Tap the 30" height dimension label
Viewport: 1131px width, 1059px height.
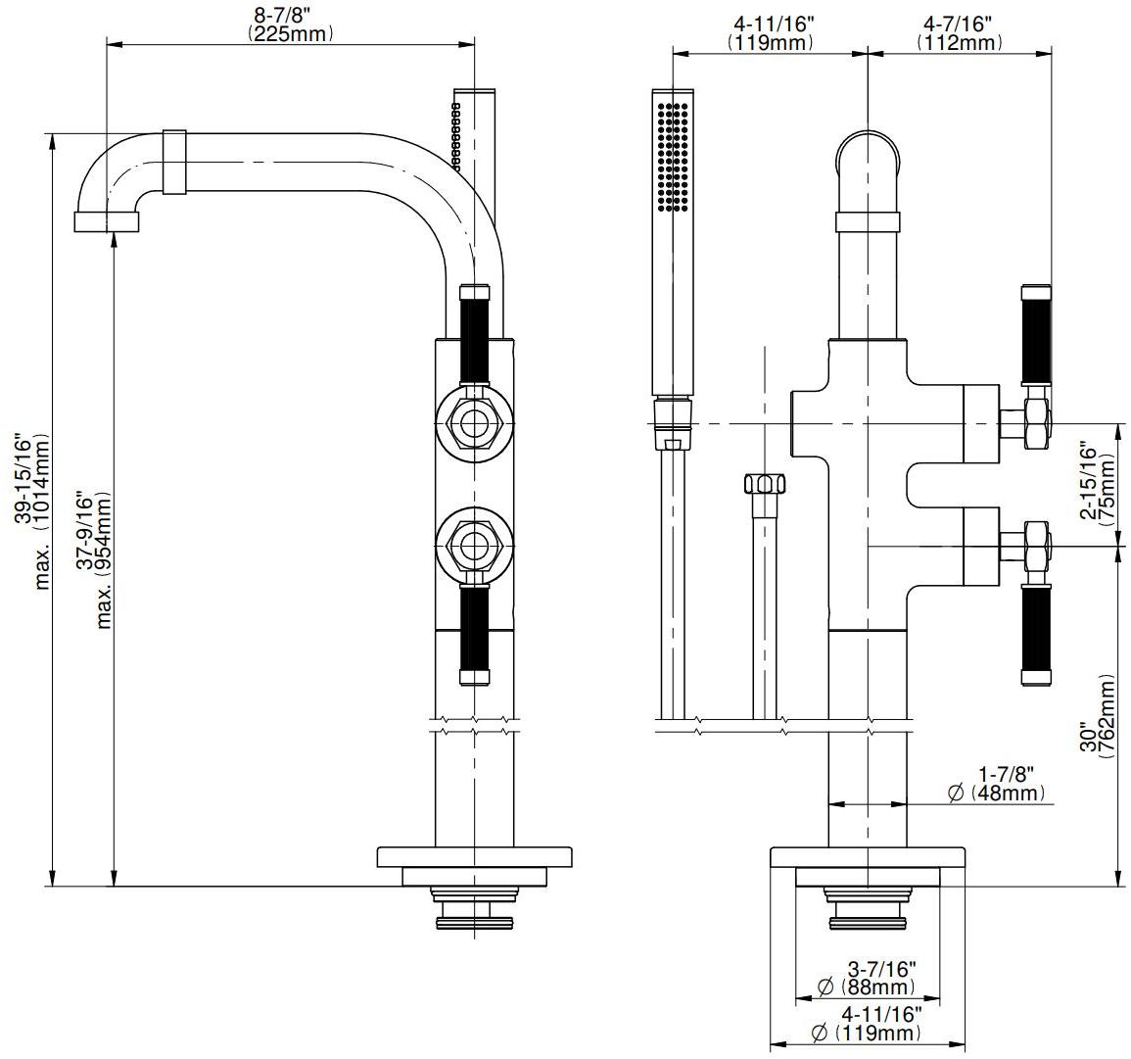coord(1086,735)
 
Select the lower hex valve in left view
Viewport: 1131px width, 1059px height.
coord(475,545)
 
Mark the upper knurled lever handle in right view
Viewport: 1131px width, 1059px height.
coord(1035,335)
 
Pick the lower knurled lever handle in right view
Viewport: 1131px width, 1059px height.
coord(1035,635)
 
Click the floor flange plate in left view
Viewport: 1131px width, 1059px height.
coord(475,856)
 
